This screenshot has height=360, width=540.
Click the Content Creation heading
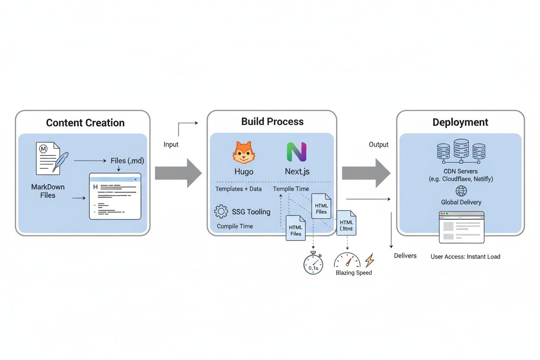coord(85,123)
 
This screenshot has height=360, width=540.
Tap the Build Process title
coord(272,122)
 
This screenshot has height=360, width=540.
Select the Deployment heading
coord(460,122)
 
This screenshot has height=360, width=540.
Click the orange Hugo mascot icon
coord(244,152)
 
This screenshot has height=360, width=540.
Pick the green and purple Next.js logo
coord(297,152)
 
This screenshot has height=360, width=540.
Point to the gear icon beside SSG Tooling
coord(221,212)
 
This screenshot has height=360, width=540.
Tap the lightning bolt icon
coord(370,260)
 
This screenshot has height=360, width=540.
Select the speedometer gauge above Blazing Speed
coord(347,260)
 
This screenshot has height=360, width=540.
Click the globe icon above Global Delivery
coord(461,191)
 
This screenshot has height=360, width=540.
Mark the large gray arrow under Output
coord(366,173)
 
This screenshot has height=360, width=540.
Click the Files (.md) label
coord(127,161)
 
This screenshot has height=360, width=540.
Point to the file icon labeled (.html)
coord(346,223)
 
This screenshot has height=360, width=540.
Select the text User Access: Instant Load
coord(465,257)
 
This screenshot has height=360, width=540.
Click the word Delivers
coord(405,256)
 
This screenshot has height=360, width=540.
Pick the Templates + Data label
coord(238,189)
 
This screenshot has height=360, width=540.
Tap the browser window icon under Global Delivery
coord(461,227)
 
